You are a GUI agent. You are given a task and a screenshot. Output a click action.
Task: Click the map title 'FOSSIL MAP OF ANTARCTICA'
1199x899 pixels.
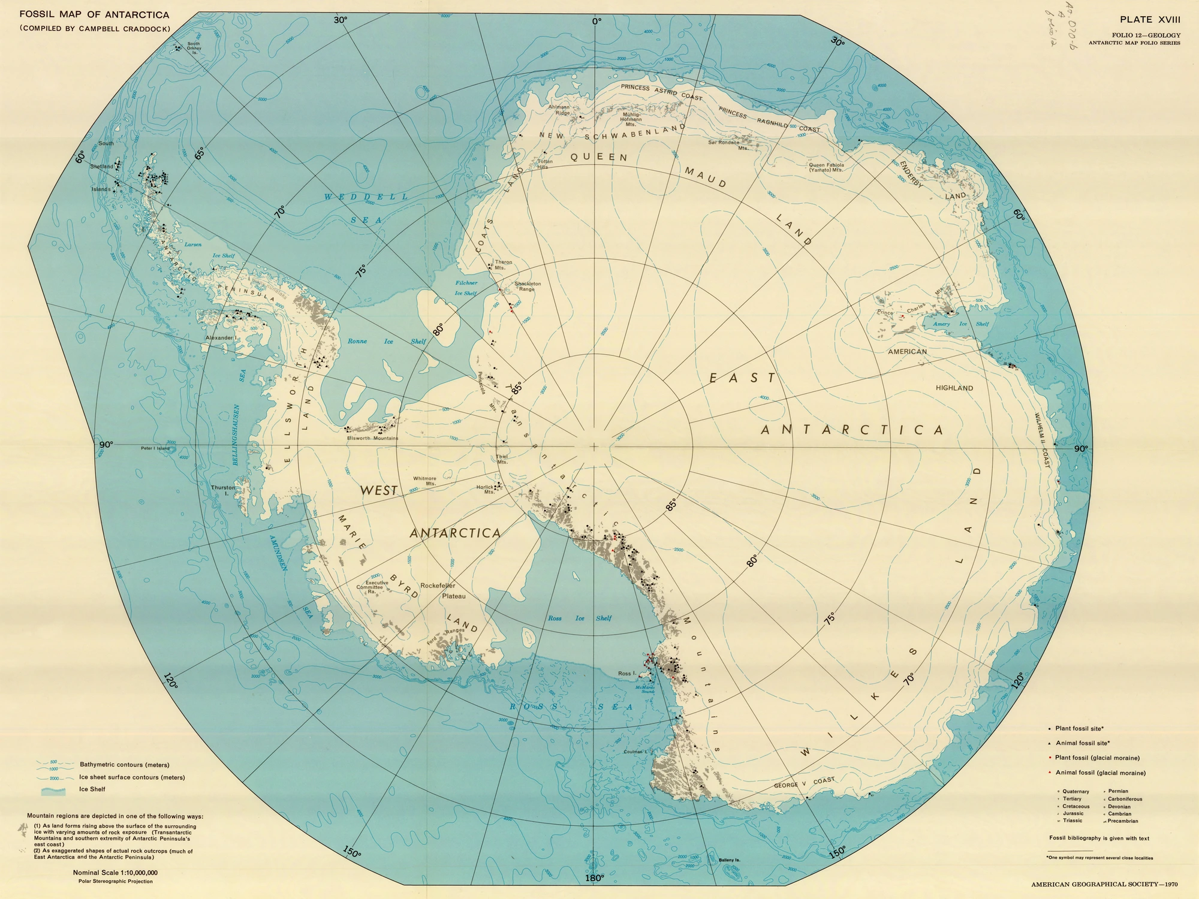point(94,15)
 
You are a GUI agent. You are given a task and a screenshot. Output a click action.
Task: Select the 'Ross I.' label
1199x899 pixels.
point(626,674)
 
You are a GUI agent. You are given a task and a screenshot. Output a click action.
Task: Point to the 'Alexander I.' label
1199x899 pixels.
point(222,338)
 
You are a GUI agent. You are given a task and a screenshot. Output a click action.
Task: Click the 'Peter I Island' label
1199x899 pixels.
point(155,448)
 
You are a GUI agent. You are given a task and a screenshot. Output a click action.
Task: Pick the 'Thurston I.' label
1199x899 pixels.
point(222,491)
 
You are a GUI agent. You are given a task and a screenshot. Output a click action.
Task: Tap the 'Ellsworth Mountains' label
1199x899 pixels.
point(372,438)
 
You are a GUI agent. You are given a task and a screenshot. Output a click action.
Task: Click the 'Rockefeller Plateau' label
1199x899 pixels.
point(442,590)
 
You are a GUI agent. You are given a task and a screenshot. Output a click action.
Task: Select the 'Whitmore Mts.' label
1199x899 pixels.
point(424,481)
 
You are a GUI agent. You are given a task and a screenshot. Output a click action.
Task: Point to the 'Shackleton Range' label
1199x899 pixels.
point(528,286)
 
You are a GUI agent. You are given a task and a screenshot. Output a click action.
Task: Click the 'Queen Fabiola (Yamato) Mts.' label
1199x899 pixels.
point(826,167)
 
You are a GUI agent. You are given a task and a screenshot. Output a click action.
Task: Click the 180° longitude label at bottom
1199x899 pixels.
point(594,879)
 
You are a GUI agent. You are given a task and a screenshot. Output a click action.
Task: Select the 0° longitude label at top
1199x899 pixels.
point(597,21)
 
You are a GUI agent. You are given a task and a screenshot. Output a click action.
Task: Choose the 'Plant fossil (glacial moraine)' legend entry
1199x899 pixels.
point(1097,758)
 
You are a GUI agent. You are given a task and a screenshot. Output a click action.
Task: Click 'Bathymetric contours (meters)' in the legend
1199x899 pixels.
point(124,765)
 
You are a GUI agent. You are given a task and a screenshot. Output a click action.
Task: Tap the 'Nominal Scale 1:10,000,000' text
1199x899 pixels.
point(115,873)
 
